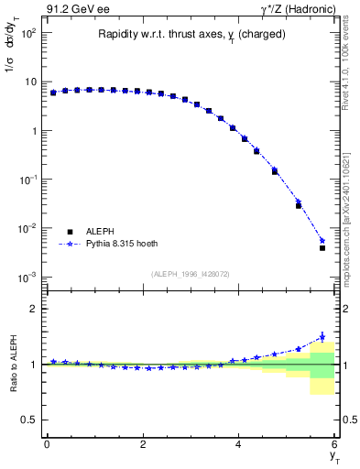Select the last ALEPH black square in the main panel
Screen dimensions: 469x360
(x=322, y=248)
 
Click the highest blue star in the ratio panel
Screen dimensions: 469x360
(x=322, y=337)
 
